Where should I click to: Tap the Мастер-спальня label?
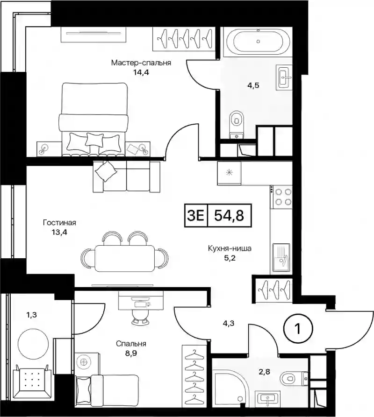click(x=141, y=63)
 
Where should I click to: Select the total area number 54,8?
click(x=229, y=215)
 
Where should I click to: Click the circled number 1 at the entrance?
click(x=298, y=329)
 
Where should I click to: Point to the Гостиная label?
click(x=60, y=222)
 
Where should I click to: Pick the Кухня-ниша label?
click(x=230, y=248)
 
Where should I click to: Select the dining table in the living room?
click(x=124, y=258)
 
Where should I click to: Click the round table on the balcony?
click(x=33, y=344)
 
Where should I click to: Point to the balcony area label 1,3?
click(x=31, y=315)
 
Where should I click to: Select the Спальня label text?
click(x=131, y=344)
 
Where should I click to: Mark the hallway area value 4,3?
click(x=229, y=324)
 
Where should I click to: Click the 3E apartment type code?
click(x=196, y=215)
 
